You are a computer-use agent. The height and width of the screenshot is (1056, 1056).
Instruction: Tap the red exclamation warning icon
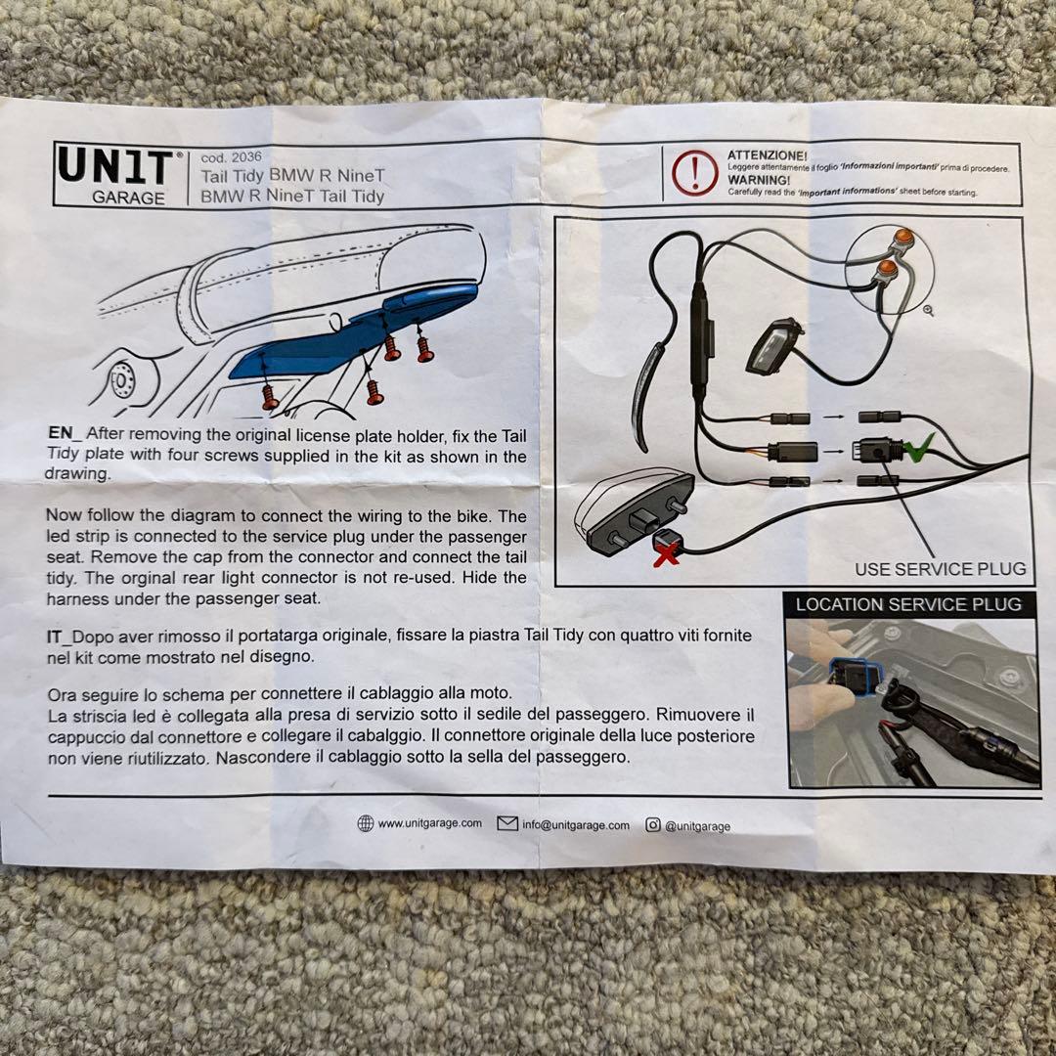pos(694,171)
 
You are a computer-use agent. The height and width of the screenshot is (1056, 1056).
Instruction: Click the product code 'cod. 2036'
pos(231,157)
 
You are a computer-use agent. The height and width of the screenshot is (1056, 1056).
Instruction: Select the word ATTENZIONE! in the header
pos(768,155)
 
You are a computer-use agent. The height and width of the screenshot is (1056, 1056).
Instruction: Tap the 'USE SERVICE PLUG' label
pos(941,569)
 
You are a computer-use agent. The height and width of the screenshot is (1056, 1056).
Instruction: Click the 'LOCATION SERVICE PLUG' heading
pos(907,604)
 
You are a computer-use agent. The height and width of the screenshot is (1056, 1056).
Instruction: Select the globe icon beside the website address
pos(365,823)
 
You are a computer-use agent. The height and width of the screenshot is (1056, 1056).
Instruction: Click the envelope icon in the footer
pos(507,823)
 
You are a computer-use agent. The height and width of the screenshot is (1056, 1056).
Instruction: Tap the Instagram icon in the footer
pos(652,824)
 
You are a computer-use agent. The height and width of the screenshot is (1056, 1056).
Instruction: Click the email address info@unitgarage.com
pos(576,825)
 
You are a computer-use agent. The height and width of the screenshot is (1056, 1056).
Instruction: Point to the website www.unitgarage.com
pos(429,823)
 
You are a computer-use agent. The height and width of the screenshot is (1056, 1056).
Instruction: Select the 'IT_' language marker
pos(59,637)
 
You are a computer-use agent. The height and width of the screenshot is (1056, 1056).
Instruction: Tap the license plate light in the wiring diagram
pos(773,346)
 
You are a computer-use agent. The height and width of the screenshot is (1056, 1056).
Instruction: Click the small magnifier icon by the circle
pos(929,311)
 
